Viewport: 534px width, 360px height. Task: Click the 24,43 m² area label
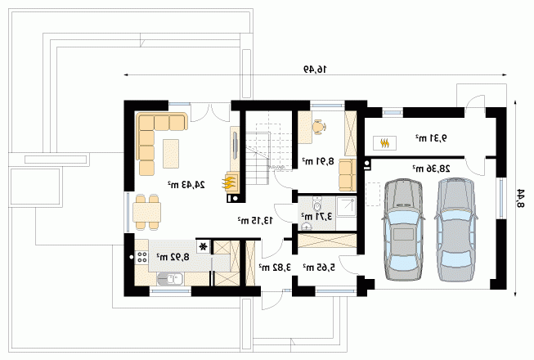tap(186, 185)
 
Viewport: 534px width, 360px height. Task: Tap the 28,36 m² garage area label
tap(432, 169)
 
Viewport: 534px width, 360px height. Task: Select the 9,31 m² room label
tap(431, 138)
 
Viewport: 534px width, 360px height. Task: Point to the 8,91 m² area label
tap(318, 160)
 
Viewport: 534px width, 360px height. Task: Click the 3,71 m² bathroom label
tap(316, 216)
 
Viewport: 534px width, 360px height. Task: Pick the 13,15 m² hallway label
tap(255, 220)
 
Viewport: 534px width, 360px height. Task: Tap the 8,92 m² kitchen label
tap(173, 256)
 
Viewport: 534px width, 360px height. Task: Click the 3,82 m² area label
tap(275, 268)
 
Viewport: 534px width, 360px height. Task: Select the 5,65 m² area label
tap(319, 268)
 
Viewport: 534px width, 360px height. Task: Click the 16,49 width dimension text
tap(315, 70)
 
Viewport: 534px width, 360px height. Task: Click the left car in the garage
tap(403, 229)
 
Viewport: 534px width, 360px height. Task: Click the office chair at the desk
tap(320, 127)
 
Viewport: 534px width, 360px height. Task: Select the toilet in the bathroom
tap(317, 204)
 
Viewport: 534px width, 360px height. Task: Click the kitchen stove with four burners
tap(141, 257)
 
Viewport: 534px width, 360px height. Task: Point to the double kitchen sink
tap(169, 279)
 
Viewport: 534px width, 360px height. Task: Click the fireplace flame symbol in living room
tap(230, 182)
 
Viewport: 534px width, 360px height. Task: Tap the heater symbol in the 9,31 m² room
tap(384, 143)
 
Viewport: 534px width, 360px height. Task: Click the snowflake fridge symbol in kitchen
tap(204, 246)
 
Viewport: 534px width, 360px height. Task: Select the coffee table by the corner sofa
tap(171, 153)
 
